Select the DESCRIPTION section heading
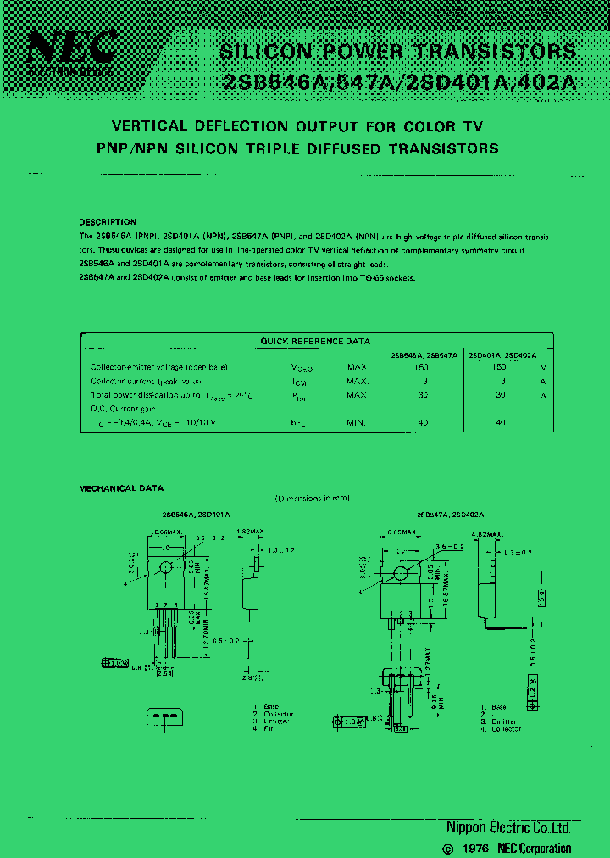tap(108, 222)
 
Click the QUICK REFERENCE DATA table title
tap(315, 342)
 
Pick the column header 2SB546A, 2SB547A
tap(424, 355)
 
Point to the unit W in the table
tap(542, 395)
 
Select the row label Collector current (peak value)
tap(147, 382)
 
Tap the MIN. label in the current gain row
tap(357, 421)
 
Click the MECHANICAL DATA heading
tap(121, 489)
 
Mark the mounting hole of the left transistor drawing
tap(165, 566)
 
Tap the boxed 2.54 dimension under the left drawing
tap(164, 673)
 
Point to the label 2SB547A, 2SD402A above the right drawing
tap(450, 515)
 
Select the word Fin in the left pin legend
tap(271, 728)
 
